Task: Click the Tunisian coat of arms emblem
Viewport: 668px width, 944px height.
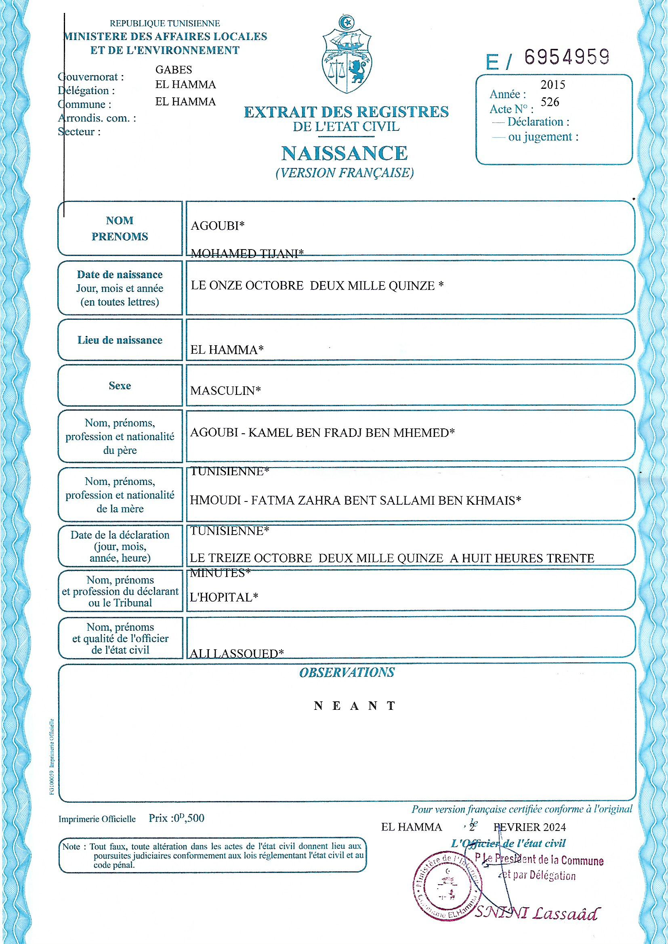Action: (348, 56)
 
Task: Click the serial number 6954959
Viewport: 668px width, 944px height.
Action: (566, 57)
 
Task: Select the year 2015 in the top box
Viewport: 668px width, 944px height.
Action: (553, 85)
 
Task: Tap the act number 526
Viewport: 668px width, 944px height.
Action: (550, 102)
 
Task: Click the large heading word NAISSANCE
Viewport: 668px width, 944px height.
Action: (344, 153)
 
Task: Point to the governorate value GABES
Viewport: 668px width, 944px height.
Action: (174, 70)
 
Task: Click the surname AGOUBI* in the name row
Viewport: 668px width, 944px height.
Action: (217, 225)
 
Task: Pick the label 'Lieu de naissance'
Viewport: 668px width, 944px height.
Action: (120, 340)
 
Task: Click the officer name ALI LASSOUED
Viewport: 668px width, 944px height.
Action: (236, 653)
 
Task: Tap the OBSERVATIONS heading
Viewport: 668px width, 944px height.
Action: (347, 673)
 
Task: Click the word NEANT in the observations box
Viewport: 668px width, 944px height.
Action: (355, 706)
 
